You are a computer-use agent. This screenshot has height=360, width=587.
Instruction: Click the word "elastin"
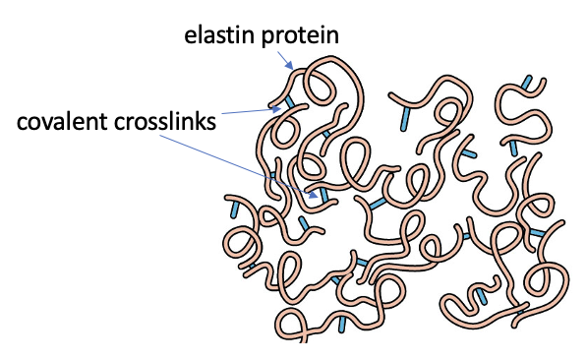[211, 36]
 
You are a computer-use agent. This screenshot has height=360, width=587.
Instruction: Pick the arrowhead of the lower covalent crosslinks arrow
[316, 196]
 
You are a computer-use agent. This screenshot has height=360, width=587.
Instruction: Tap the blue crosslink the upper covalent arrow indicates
[289, 102]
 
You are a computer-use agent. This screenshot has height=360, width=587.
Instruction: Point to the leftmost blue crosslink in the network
[233, 209]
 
